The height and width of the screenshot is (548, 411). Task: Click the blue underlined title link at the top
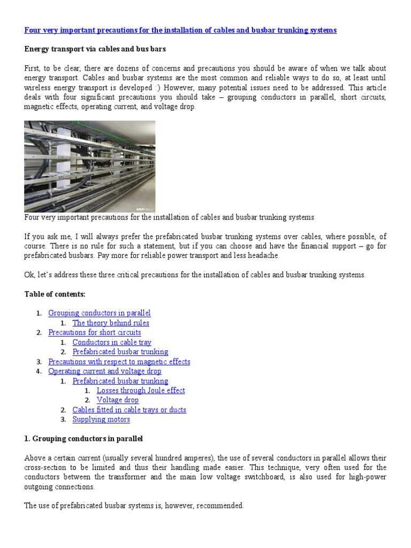[x=180, y=31]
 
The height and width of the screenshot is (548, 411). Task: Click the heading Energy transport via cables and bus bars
[x=95, y=49]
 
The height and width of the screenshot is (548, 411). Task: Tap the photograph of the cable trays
[x=89, y=166]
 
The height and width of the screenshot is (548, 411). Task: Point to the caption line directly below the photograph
[x=169, y=217]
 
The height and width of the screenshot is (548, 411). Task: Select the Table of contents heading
[x=55, y=294]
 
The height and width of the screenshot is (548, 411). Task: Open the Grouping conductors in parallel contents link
[x=100, y=313]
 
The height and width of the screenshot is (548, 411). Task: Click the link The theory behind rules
[x=111, y=323]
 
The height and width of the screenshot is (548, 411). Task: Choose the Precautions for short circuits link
[x=95, y=332]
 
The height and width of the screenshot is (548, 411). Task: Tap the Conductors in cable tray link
[x=112, y=342]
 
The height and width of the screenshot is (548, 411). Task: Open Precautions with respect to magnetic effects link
[x=119, y=362]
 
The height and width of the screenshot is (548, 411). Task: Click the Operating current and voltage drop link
[x=105, y=371]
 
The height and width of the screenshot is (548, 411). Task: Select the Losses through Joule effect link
[x=141, y=391]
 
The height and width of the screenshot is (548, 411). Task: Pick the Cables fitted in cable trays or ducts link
[x=130, y=410]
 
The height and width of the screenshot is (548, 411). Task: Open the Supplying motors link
[x=101, y=420]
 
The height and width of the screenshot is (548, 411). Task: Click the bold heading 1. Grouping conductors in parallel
[x=83, y=439]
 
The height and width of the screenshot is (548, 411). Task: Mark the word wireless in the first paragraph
[x=38, y=88]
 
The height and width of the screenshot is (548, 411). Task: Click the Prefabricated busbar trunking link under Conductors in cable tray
[x=120, y=352]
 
